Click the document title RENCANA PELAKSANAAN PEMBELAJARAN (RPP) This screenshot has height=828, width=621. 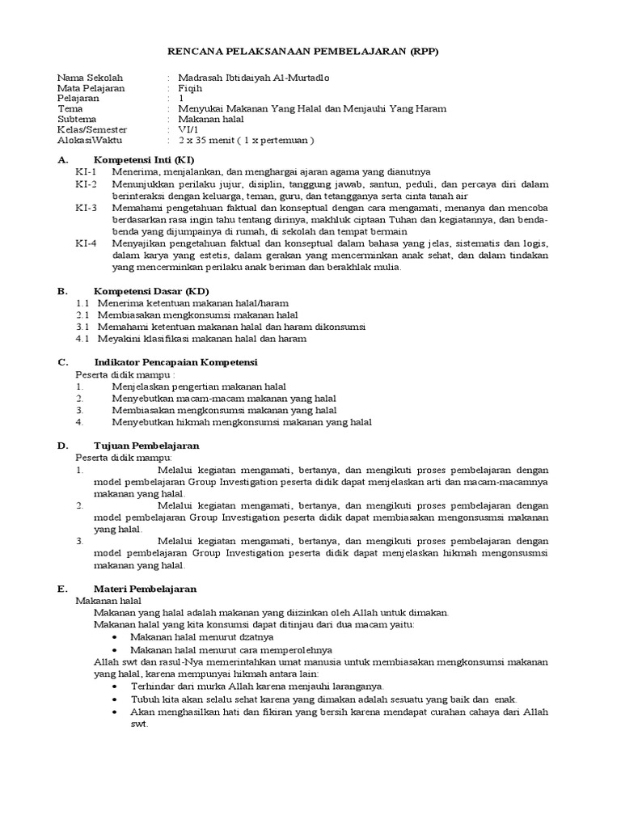coord(310,51)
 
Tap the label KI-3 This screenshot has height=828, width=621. coord(86,208)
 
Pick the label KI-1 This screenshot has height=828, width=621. coord(86,172)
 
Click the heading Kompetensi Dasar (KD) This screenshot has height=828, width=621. coord(151,290)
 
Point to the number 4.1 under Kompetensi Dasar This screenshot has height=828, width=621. coord(82,339)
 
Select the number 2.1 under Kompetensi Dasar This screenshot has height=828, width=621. coord(82,315)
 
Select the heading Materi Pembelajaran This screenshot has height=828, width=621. coord(146,589)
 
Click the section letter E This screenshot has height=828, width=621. coord(62,589)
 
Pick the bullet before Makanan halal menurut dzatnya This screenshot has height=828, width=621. coord(117,638)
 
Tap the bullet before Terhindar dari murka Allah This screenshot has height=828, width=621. coord(117,686)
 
